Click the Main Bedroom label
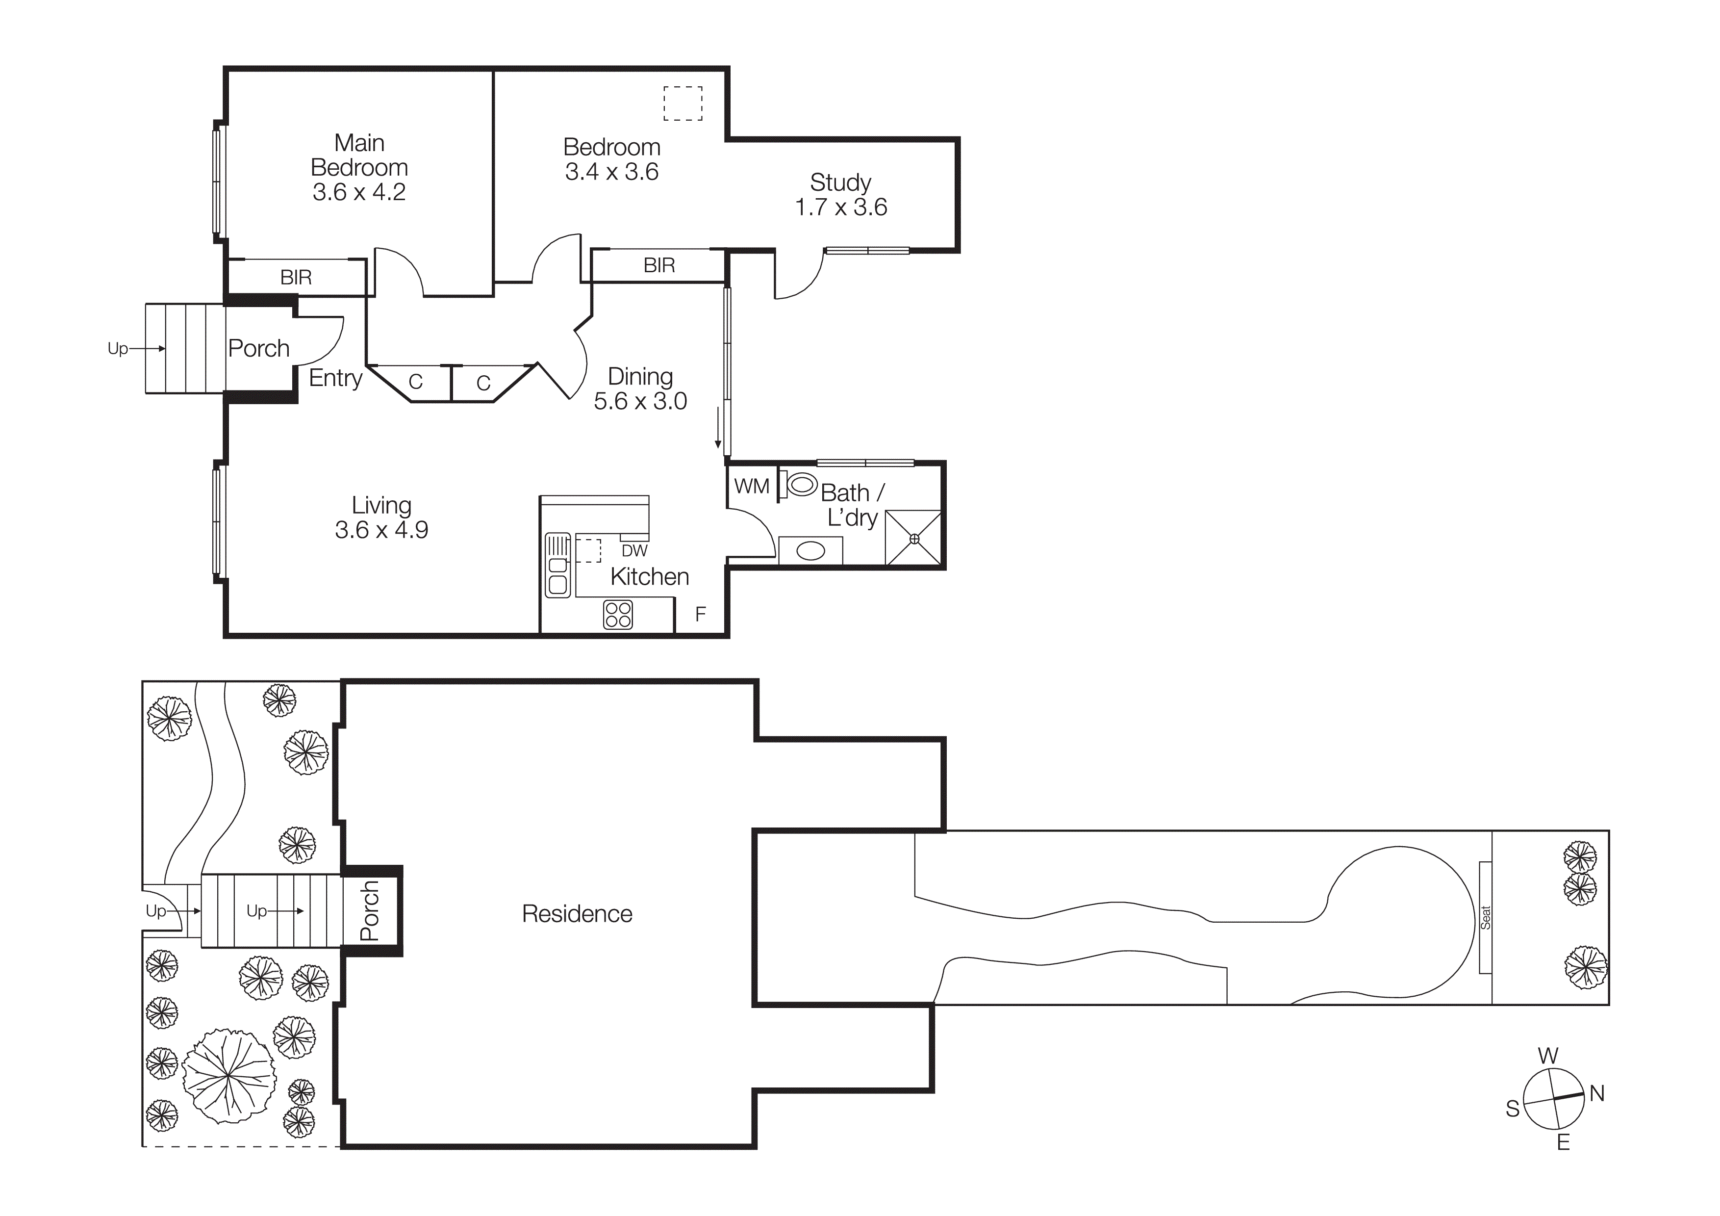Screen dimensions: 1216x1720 (359, 155)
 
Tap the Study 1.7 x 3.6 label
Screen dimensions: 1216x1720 (840, 195)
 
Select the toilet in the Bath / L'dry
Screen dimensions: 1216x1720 (799, 485)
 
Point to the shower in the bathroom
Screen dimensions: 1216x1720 (913, 538)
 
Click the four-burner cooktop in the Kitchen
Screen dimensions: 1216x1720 (618, 614)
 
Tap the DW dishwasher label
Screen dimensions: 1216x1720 (634, 551)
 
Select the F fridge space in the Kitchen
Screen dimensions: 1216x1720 (701, 614)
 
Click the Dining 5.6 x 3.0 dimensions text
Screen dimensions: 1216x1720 (640, 401)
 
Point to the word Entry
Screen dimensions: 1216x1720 (335, 378)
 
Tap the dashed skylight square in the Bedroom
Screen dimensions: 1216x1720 (683, 103)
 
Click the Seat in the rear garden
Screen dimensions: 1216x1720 (1486, 917)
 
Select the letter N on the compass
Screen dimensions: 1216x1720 (1596, 1093)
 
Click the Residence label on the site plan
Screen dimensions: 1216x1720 (577, 914)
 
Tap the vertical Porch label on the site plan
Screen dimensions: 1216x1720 (370, 910)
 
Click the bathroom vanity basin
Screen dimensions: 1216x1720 (810, 551)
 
